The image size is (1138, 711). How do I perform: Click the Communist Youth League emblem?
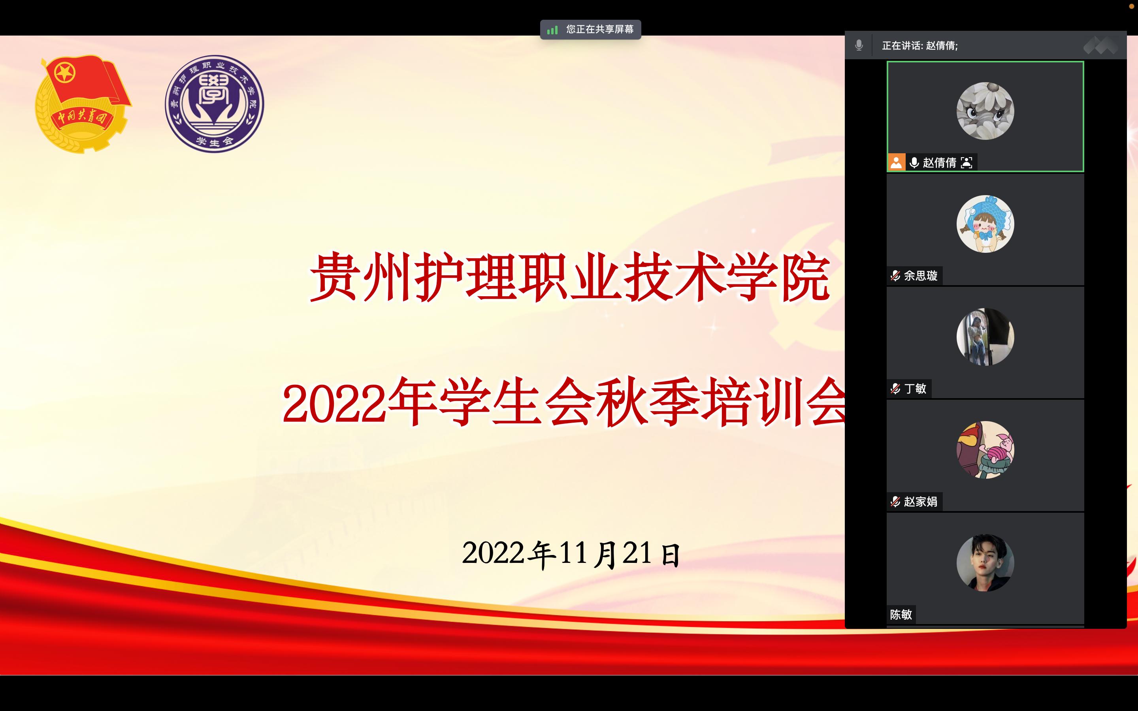(x=83, y=104)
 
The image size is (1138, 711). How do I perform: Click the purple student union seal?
(x=215, y=104)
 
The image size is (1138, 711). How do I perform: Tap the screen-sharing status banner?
(x=590, y=29)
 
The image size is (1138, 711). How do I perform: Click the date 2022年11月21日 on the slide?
(x=571, y=553)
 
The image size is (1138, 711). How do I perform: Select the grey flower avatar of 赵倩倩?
(x=985, y=111)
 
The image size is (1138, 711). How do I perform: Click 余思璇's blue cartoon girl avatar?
(x=985, y=224)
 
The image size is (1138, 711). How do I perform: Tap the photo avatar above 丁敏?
(x=985, y=337)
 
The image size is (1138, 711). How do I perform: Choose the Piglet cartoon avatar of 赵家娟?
(x=985, y=450)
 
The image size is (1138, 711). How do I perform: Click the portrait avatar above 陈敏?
(x=985, y=562)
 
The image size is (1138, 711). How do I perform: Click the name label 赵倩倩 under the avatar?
(x=940, y=163)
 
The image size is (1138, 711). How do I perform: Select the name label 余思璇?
(x=921, y=276)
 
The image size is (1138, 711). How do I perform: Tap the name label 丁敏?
(x=915, y=388)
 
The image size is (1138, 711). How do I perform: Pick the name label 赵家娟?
(x=921, y=501)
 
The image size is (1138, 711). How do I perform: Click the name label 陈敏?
(x=901, y=614)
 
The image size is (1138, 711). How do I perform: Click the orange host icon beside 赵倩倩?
(x=896, y=163)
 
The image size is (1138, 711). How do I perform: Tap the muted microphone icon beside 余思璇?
(x=895, y=276)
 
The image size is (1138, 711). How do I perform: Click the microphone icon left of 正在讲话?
(x=859, y=45)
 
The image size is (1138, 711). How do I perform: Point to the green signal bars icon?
(x=552, y=30)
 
